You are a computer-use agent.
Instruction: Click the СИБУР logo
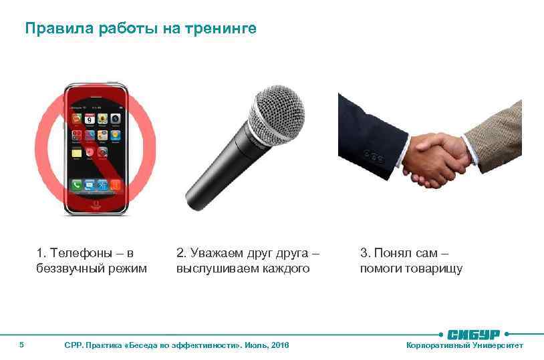(474, 333)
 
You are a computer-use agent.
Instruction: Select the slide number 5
(22, 345)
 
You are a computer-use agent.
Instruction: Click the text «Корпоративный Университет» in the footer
(465, 345)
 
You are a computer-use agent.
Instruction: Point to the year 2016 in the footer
(280, 345)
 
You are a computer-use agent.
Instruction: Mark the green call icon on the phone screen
(78, 184)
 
